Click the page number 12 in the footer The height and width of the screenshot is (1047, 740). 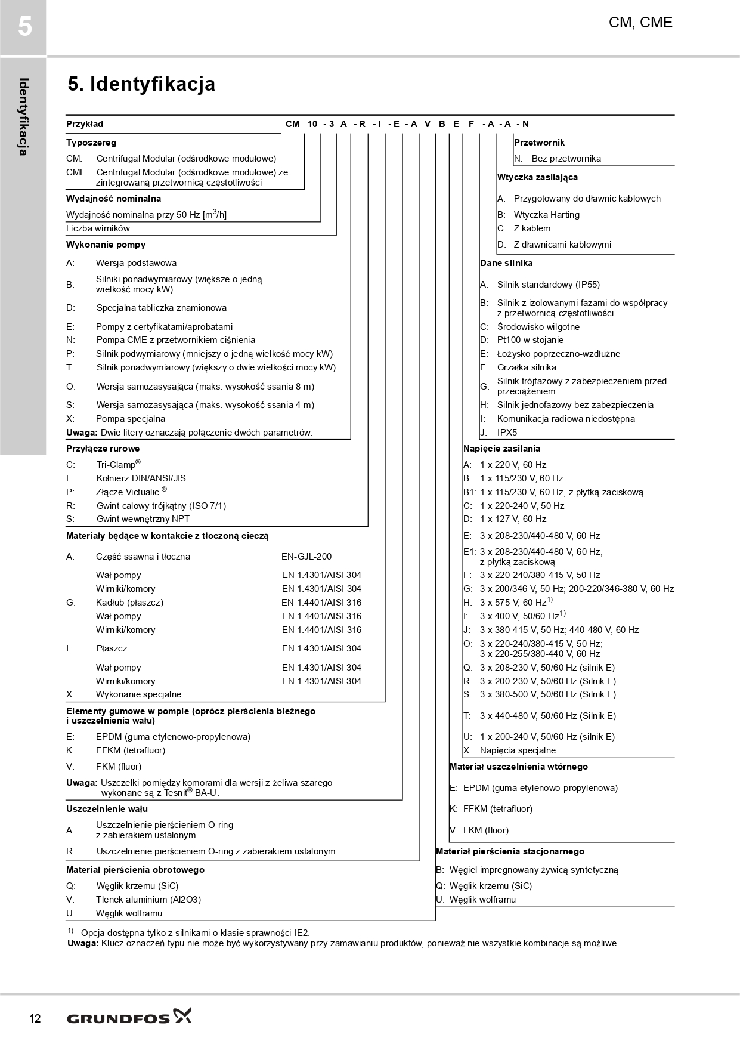(x=35, y=1018)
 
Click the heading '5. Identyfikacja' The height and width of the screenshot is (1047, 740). (x=141, y=84)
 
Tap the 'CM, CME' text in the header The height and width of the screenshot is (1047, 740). (x=640, y=23)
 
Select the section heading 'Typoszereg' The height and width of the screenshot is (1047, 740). (x=91, y=143)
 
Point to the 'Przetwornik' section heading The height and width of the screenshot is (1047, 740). (x=539, y=143)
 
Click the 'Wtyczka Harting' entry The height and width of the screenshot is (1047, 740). (x=546, y=215)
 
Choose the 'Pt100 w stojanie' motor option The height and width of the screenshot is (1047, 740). (x=530, y=340)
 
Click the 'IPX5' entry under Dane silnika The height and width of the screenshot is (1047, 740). (x=507, y=433)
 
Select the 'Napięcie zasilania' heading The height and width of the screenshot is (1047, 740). (x=501, y=449)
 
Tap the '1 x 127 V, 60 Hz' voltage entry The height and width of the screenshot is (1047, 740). (x=513, y=519)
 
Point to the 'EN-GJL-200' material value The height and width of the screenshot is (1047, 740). (x=306, y=557)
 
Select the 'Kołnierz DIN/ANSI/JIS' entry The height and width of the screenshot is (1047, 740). (x=141, y=478)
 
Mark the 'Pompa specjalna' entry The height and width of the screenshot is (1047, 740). (x=131, y=419)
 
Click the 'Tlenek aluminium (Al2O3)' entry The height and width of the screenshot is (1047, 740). (x=148, y=900)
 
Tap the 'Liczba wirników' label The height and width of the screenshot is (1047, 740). (x=98, y=228)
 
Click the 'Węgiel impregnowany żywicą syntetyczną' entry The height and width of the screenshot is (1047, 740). (x=534, y=870)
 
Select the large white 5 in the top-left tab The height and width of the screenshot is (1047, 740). (x=24, y=27)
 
